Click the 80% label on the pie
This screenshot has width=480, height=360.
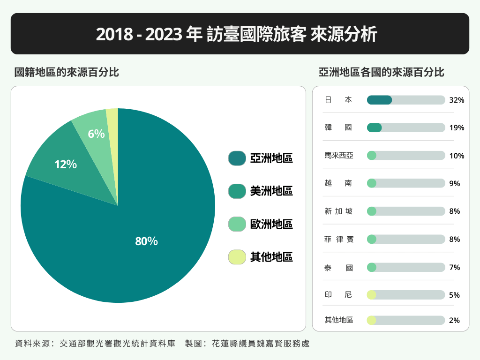146,241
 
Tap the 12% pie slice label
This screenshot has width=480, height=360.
66,165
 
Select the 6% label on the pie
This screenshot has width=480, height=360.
96,134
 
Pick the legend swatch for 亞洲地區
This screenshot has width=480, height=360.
237,158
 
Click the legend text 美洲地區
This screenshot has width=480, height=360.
271,191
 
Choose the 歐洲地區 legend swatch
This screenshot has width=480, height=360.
237,224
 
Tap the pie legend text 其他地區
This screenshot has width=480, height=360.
271,257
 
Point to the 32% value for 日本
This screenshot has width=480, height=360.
456,100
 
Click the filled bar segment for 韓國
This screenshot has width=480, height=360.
374,127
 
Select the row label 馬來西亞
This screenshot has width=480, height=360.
338,156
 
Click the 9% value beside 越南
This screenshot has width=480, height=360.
454,184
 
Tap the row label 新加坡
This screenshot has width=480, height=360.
338,211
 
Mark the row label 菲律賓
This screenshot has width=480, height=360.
338,240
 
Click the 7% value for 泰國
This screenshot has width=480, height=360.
454,268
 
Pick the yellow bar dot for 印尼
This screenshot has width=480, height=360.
372,295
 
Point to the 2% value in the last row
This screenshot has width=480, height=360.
454,321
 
